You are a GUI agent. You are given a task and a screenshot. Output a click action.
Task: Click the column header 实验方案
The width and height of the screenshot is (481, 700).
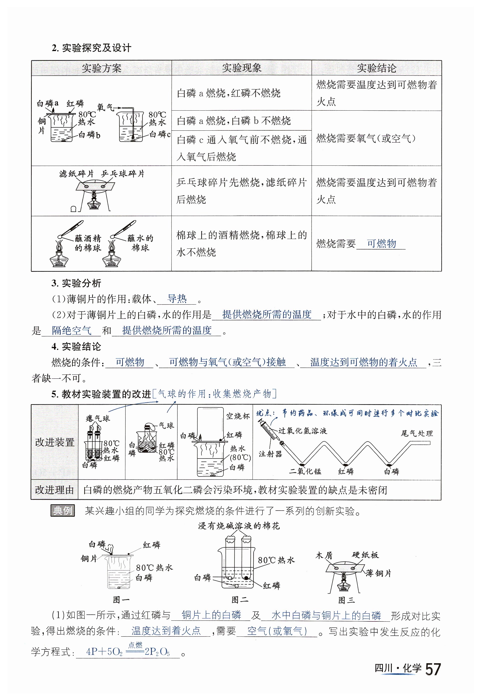101,68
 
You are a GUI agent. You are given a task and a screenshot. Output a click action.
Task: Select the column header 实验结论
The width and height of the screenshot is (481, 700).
376,68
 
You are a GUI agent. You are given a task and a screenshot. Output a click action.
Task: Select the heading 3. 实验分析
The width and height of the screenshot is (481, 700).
76,283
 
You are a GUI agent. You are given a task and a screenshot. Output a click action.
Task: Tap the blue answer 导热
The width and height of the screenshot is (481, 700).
177,299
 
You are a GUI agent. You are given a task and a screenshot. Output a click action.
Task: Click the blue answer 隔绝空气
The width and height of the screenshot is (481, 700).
71,331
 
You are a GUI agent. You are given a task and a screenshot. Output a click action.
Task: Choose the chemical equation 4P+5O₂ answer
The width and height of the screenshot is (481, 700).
128,651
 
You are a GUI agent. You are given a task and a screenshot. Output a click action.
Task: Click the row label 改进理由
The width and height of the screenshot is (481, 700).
55,490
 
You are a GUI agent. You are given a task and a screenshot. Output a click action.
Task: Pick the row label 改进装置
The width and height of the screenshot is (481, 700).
55,442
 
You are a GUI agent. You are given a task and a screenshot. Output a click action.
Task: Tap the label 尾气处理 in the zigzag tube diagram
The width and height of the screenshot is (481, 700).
416,433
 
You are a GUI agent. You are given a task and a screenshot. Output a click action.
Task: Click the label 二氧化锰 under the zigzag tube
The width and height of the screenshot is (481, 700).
305,471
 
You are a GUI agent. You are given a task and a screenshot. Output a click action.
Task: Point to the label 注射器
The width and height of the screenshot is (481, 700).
270,454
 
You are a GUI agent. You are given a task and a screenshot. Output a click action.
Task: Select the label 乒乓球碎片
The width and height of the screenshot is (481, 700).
123,174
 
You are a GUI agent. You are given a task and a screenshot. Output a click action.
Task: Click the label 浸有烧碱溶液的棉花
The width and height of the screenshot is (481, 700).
239,526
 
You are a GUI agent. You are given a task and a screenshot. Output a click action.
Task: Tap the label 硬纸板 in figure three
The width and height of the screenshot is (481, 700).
365,555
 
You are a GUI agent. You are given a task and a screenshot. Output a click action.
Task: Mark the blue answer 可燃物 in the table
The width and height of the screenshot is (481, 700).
381,243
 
